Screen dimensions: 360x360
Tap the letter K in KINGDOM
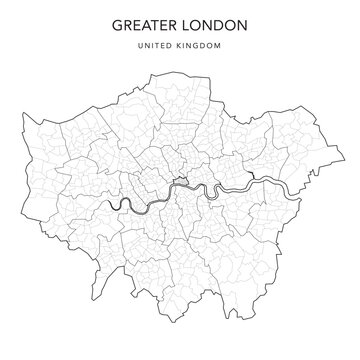click(x=179, y=44)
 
